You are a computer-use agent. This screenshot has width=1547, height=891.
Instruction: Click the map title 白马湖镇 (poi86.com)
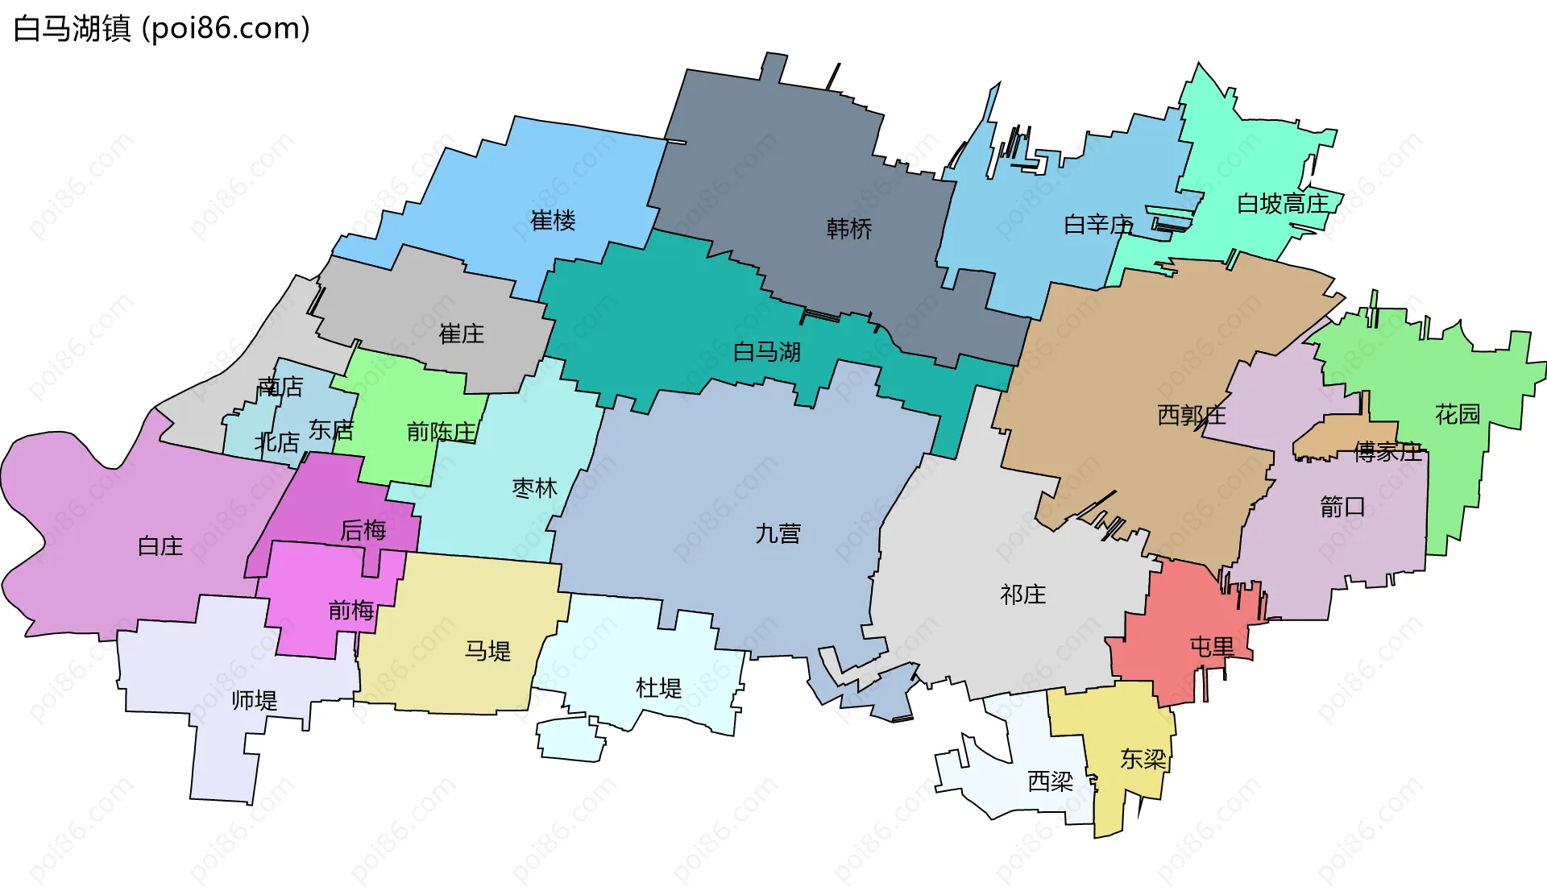click(x=161, y=29)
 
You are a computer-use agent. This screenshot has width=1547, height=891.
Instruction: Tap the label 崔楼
click(x=553, y=221)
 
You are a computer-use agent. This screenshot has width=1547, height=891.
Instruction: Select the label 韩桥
click(x=849, y=229)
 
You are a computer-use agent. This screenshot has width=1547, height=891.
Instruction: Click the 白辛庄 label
click(x=1098, y=225)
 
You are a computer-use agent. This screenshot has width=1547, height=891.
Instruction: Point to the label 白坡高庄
click(x=1283, y=204)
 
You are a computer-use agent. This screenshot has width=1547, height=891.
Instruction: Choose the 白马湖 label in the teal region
click(x=766, y=352)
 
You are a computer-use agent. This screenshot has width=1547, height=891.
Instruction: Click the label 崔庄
click(x=461, y=334)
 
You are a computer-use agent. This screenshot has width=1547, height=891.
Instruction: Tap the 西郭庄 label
click(x=1192, y=415)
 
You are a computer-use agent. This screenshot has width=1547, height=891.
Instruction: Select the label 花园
click(x=1458, y=414)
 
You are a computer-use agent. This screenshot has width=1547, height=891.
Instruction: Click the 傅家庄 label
click(x=1387, y=452)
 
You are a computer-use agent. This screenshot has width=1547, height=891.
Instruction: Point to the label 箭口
click(x=1342, y=507)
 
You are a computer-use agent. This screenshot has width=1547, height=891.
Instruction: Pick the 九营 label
click(x=778, y=533)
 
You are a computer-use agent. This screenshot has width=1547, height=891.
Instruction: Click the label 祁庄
click(x=1022, y=595)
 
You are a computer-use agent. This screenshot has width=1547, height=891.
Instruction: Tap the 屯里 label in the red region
click(x=1212, y=646)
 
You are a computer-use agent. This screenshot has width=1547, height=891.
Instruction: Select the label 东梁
click(x=1143, y=759)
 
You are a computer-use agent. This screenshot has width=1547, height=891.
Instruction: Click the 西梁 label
click(x=1050, y=781)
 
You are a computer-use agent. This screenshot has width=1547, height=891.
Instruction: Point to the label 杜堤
click(x=658, y=688)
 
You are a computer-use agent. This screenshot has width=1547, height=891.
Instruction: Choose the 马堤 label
click(x=487, y=651)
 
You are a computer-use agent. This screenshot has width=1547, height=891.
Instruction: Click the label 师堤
click(x=254, y=700)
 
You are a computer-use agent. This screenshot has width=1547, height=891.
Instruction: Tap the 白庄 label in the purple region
click(x=160, y=546)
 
